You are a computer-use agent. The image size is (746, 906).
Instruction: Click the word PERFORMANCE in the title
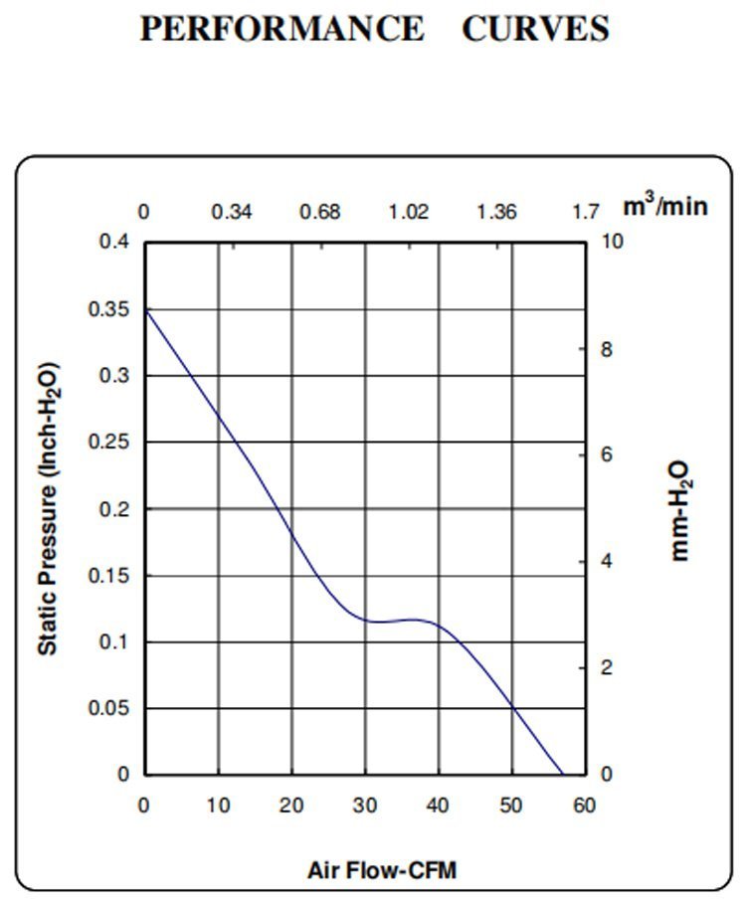pyautogui.click(x=281, y=29)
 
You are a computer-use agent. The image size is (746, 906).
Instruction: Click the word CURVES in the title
pyautogui.click(x=535, y=29)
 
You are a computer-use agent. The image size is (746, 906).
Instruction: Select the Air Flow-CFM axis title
pyautogui.click(x=383, y=871)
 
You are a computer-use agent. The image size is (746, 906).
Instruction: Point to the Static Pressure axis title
pyautogui.click(x=48, y=508)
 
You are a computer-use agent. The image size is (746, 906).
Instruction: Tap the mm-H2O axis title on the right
pyautogui.click(x=681, y=510)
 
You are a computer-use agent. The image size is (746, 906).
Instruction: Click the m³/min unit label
pyautogui.click(x=665, y=207)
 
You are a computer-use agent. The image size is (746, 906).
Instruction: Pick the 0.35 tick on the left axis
pyautogui.click(x=111, y=309)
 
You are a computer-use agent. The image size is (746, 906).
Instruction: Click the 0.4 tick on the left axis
pyautogui.click(x=115, y=243)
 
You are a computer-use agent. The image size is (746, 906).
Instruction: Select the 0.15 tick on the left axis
pyautogui.click(x=111, y=576)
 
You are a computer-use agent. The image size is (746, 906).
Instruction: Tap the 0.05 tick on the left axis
pyautogui.click(x=111, y=708)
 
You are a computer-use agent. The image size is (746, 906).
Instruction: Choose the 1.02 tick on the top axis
pyautogui.click(x=408, y=212)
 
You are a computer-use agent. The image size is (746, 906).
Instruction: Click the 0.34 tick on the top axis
pyautogui.click(x=232, y=212)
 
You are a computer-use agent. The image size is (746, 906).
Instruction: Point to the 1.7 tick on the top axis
pyautogui.click(x=586, y=212)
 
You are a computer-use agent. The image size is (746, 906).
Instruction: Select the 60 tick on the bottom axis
pyautogui.click(x=585, y=805)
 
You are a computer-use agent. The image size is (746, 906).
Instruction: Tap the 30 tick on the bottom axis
pyautogui.click(x=364, y=805)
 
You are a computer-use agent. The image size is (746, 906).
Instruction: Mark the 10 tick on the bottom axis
pyautogui.click(x=218, y=805)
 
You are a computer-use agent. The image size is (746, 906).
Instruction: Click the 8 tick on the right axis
pyautogui.click(x=605, y=349)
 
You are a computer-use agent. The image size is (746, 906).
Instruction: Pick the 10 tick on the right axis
pyautogui.click(x=611, y=243)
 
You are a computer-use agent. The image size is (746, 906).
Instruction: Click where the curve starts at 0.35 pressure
pyautogui.click(x=145, y=309)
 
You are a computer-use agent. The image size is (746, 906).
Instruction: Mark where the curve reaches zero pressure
pyautogui.click(x=563, y=774)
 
